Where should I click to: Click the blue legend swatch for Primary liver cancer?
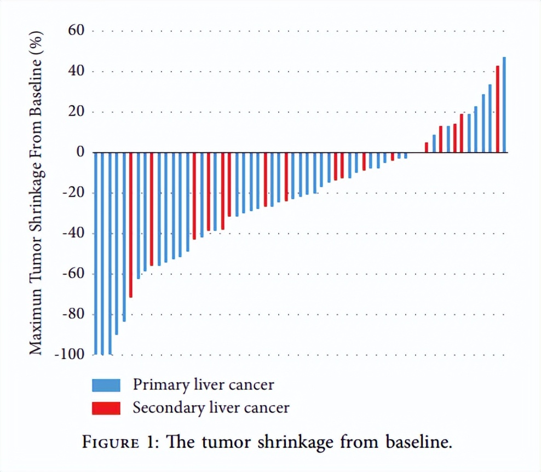coord(106,385)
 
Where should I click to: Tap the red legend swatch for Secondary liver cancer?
coord(106,408)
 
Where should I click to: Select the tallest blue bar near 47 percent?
coord(504,104)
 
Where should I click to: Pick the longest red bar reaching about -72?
coord(130,225)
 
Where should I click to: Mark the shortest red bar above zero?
coord(426,147)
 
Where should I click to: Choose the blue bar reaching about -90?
coord(116,243)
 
